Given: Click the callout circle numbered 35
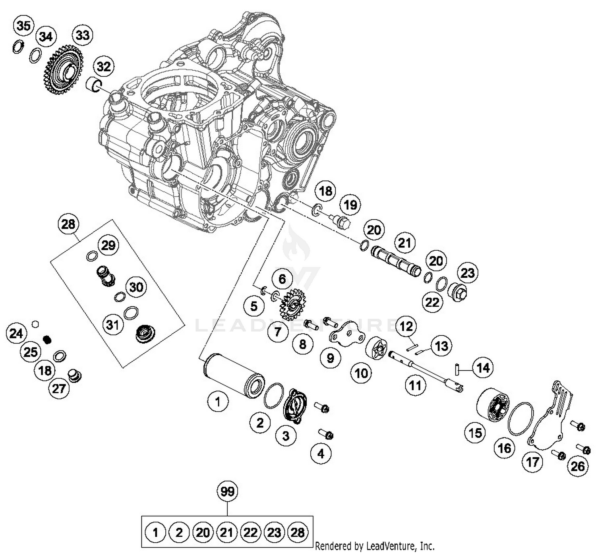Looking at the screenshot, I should [23, 26].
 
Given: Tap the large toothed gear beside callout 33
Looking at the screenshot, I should [63, 70].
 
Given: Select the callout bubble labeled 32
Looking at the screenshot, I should [104, 66].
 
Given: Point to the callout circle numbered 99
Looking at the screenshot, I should [227, 492].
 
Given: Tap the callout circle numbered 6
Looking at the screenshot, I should [282, 279].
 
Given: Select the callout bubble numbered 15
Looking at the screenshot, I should [475, 433].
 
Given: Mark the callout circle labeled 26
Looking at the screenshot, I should [577, 466].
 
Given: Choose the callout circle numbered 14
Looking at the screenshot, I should [483, 368].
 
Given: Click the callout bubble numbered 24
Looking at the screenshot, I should [16, 333].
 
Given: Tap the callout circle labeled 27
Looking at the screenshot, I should [59, 388].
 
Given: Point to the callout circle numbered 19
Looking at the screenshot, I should [350, 205].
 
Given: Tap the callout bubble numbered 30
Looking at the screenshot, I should [136, 287].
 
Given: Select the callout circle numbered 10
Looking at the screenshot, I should [361, 373].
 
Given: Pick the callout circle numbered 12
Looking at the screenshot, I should [406, 327].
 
